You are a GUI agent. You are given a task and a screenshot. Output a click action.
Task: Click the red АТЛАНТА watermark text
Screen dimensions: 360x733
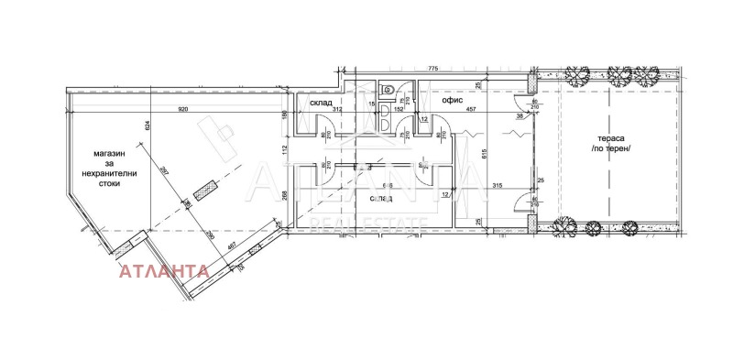click(161, 271)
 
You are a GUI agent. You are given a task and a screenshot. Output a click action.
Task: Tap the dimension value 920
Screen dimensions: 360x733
click(183, 110)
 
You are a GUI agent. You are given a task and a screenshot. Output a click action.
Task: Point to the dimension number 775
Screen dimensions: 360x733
click(433, 67)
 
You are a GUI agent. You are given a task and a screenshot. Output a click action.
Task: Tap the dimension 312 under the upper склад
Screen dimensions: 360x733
click(312, 110)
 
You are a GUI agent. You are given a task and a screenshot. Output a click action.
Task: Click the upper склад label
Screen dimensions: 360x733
click(321, 101)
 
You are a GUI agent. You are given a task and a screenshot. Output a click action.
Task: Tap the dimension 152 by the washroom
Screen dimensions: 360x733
click(399, 110)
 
